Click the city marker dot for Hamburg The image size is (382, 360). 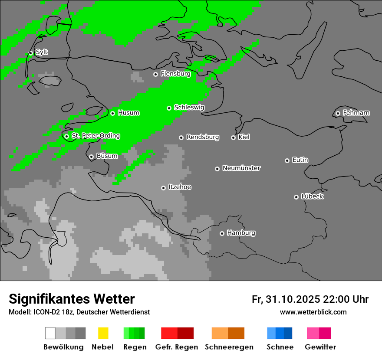pos(222,233)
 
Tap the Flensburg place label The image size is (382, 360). pos(175,74)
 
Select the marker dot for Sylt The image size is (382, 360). pos(30,53)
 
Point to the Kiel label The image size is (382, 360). pos(244,137)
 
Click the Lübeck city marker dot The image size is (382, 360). pos(296,197)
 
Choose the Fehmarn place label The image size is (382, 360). pos(356,113)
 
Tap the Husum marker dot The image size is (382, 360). pos(112,113)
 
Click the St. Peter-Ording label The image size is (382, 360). pos(95,136)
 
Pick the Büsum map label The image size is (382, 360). pos(107,156)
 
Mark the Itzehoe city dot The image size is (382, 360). pos(163,188)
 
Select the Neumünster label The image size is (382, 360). pos(241,168)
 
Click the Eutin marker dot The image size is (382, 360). pos(287,160)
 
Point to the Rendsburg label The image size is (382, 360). pos(202,137)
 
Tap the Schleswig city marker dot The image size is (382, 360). pos(169,108)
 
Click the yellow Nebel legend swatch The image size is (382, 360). pos(103,333)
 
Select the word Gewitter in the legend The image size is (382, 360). pos(320,347)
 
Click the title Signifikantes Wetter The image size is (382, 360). pos(72,299)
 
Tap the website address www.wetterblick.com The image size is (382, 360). pos(313,312)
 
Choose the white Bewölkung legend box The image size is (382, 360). pos(50,333)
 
